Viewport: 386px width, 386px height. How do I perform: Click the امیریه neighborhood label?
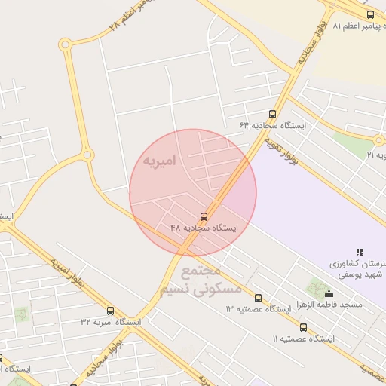tap(158, 161)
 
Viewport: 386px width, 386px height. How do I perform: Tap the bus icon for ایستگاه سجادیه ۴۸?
tap(205, 216)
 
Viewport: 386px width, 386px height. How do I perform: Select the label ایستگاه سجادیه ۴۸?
tap(204, 228)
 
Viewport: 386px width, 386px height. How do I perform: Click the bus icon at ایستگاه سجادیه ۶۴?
tap(272, 114)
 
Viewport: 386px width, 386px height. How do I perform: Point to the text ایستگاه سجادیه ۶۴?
tap(272, 125)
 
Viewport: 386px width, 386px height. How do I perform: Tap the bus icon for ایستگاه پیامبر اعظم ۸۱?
tap(369, 14)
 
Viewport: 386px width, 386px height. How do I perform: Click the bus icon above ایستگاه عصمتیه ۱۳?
tap(259, 299)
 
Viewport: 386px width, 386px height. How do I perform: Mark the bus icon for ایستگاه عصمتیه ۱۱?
tap(303, 328)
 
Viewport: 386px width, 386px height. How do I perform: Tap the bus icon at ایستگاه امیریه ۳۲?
tap(111, 311)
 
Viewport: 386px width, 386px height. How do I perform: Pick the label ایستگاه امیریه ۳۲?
tap(111, 322)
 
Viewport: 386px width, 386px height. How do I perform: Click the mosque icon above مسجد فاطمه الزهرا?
tap(328, 293)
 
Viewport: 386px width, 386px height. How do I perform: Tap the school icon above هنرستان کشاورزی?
tap(360, 252)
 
